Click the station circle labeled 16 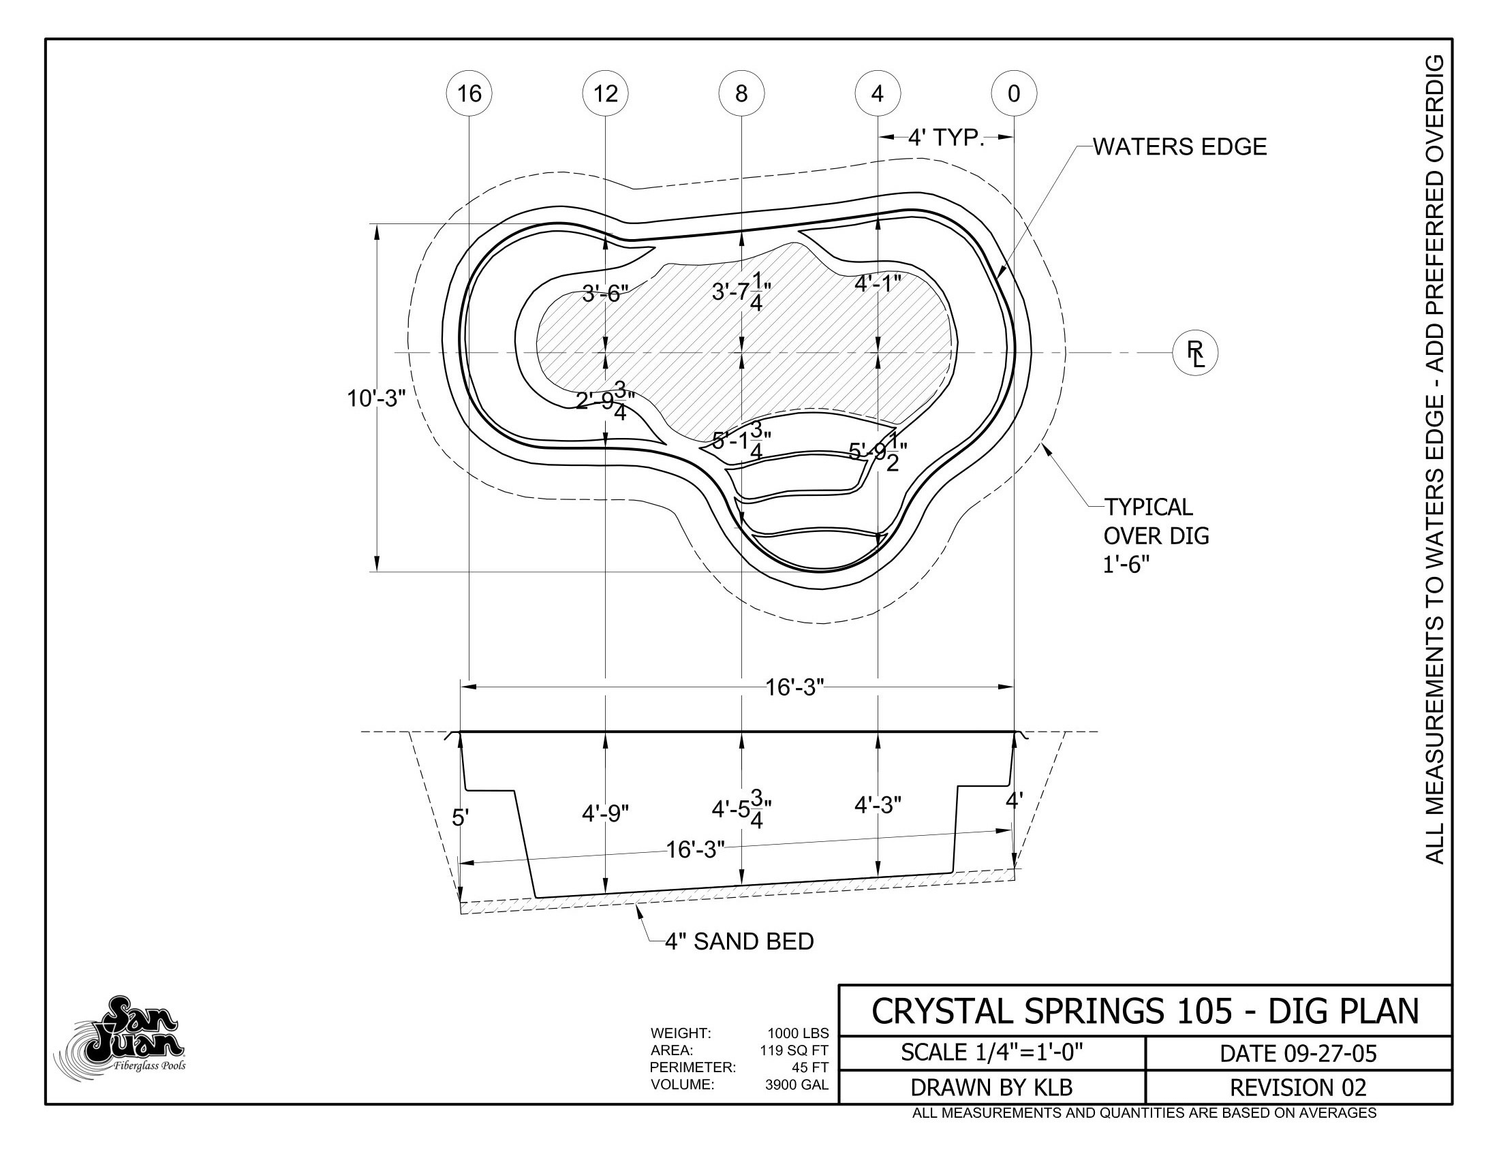(469, 93)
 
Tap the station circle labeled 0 (1014, 93)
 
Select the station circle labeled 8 (741, 93)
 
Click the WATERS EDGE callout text (1179, 147)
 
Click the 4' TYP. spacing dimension (946, 138)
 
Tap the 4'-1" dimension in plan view (877, 283)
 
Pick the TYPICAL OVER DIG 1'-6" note (1156, 536)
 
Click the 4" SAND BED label (739, 941)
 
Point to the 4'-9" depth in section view (605, 813)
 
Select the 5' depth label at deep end (460, 817)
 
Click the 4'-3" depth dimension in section (878, 805)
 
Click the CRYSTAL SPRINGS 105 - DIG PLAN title (1144, 1011)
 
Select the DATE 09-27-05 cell (1298, 1053)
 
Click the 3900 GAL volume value (796, 1084)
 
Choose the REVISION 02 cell (1298, 1087)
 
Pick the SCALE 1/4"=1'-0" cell (992, 1052)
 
